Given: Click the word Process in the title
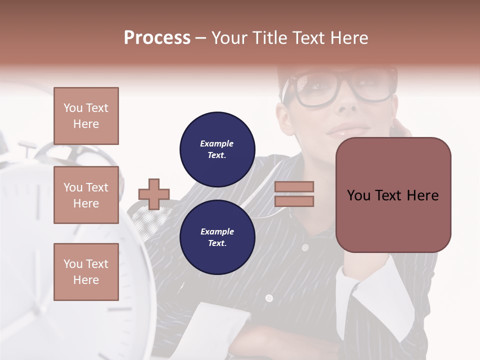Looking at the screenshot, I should tap(157, 38).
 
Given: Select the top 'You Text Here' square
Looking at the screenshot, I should tap(86, 116).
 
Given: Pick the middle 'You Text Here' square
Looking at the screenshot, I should tap(86, 195).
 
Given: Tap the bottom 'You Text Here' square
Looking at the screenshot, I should tap(86, 271).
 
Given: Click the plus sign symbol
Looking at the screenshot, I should tap(154, 194).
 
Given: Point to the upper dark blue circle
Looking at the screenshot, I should tap(217, 149).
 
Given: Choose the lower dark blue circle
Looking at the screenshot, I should tap(217, 237).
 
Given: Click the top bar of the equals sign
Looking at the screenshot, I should tap(294, 186).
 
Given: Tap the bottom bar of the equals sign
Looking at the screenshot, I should tap(294, 201).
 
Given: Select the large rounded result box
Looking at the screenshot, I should tap(393, 195).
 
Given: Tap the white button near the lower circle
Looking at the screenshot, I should tap(269, 298).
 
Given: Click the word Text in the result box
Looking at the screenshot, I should tap(392, 195).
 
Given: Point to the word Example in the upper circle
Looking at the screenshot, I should tap(217, 143).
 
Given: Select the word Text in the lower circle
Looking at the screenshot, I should tap(217, 243).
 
